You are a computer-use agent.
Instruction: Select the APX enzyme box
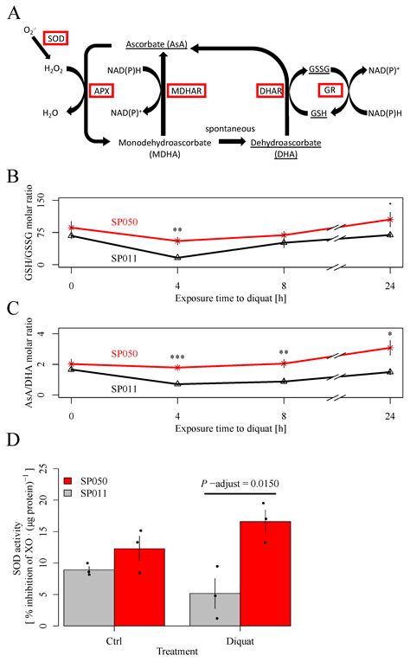[x=100, y=90]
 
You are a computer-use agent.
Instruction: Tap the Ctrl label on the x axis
[x=113, y=642]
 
